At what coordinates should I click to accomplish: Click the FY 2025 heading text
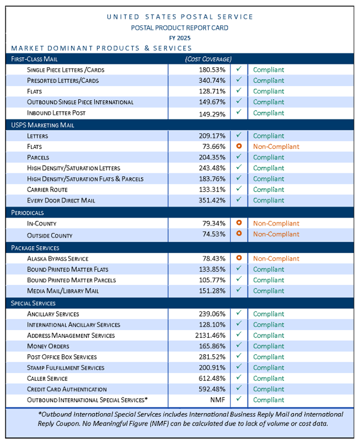(180, 38)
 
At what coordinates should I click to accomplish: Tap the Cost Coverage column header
(208, 59)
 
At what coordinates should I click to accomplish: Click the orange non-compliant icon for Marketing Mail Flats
(238, 146)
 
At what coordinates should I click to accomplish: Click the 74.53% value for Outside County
(213, 234)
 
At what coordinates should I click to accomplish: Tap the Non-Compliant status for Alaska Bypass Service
(276, 258)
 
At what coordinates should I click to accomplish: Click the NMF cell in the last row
(219, 400)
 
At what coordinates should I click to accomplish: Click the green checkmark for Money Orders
(238, 346)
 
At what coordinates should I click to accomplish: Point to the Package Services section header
(35, 247)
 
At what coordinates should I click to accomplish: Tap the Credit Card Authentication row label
(67, 389)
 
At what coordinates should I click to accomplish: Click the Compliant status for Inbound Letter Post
(268, 113)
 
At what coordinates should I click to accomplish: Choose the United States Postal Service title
(180, 17)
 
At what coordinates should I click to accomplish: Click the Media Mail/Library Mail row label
(63, 291)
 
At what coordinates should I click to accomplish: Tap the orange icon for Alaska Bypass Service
(238, 258)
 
